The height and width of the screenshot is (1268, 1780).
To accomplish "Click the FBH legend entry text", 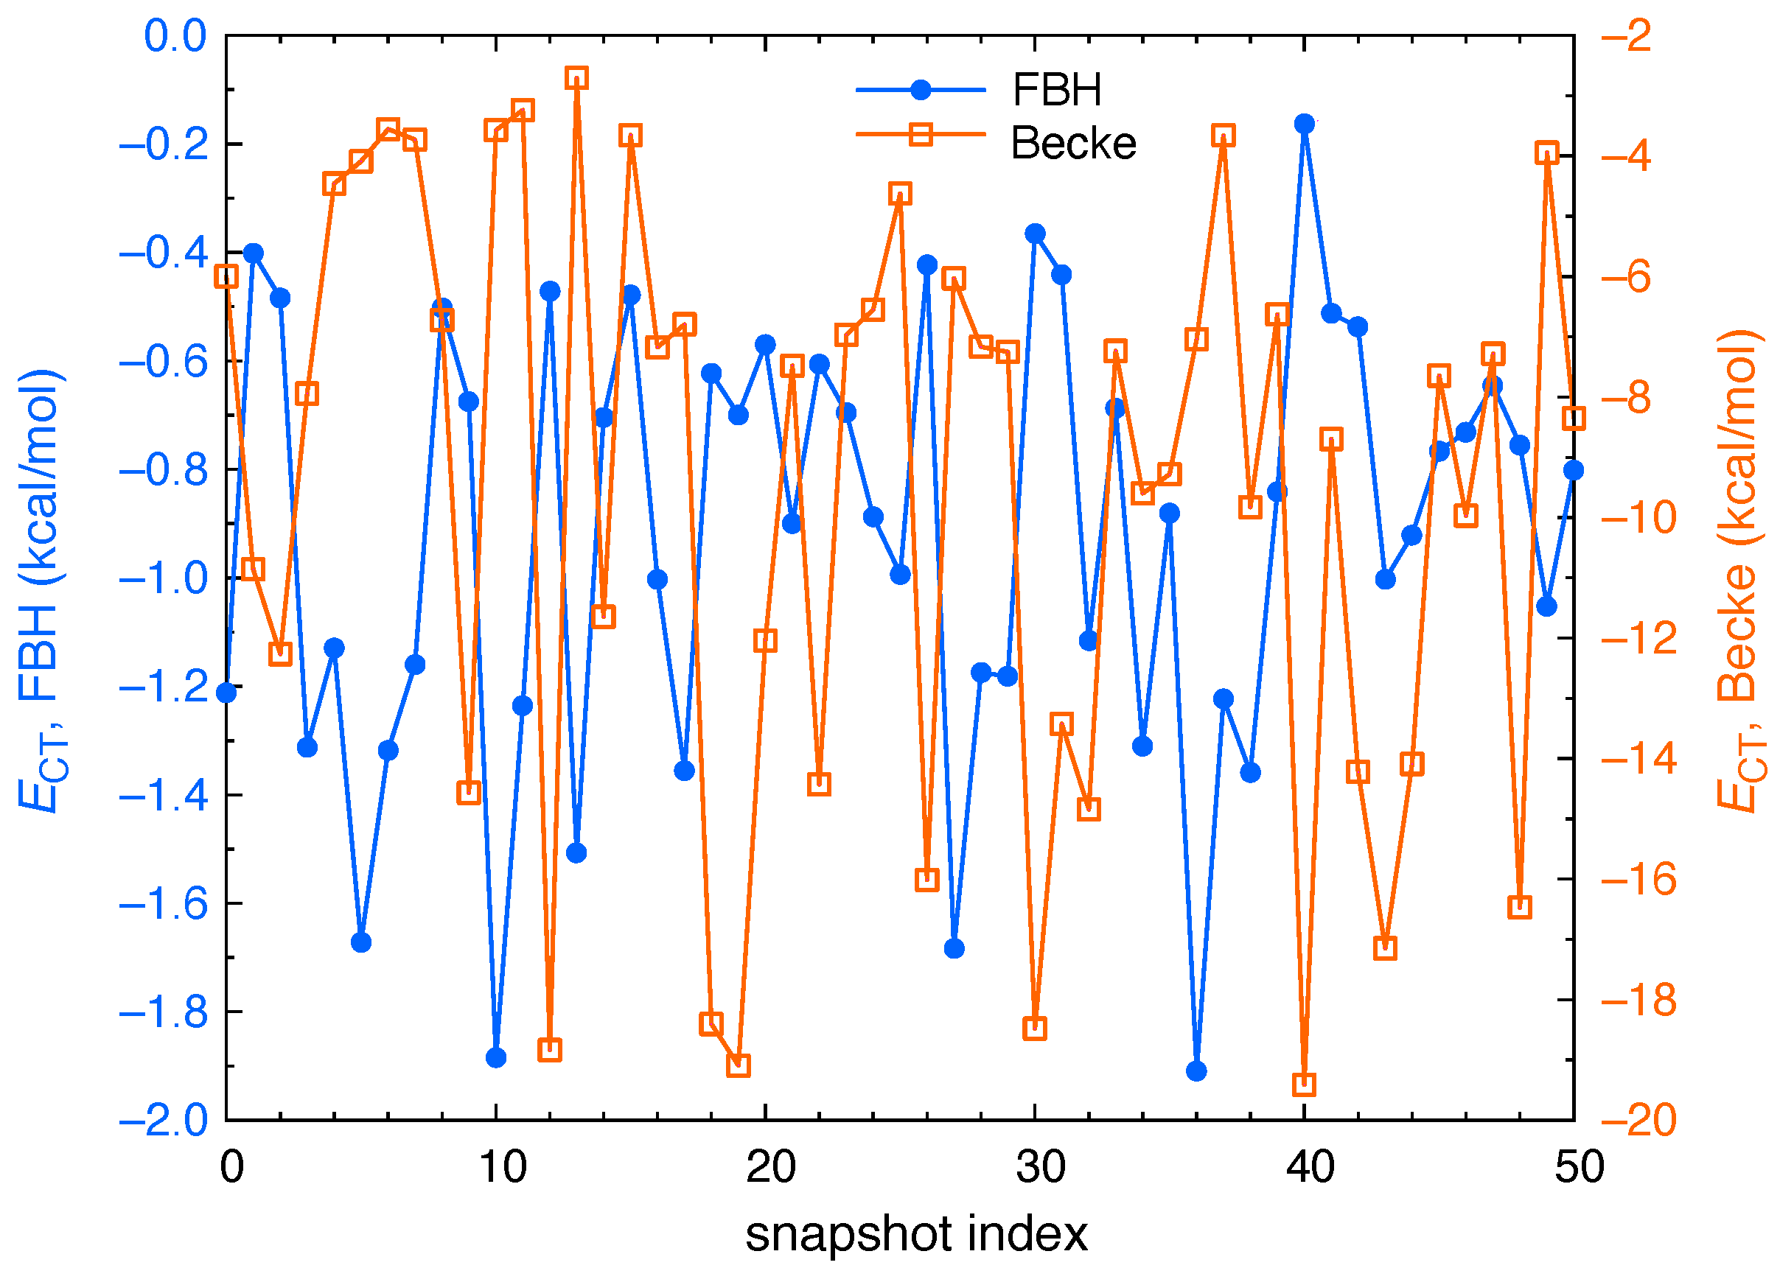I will pos(1056,90).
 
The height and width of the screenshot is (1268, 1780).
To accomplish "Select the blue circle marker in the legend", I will pos(921,90).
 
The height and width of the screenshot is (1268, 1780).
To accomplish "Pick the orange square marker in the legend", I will pos(921,134).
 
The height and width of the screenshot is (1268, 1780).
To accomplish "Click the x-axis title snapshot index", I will pos(915,1233).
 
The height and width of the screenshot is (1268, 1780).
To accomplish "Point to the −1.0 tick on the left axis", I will pos(164,578).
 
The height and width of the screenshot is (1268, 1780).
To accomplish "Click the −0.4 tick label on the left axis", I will pos(164,253).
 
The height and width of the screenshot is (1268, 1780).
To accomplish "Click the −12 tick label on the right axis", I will pos(1638,638).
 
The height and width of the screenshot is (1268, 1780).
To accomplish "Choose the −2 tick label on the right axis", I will pos(1626,36).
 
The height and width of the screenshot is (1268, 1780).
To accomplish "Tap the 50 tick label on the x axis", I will pos(1579,1167).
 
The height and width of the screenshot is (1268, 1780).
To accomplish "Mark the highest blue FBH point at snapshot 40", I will pos(1304,123).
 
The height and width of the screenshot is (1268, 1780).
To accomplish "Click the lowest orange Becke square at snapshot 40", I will pos(1304,1085).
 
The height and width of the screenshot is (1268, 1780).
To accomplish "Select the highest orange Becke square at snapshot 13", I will pos(576,78).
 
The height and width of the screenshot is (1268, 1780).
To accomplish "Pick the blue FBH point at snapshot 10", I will pos(496,1058).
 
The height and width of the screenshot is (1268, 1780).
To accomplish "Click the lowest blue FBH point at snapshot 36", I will pos(1196,1071).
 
